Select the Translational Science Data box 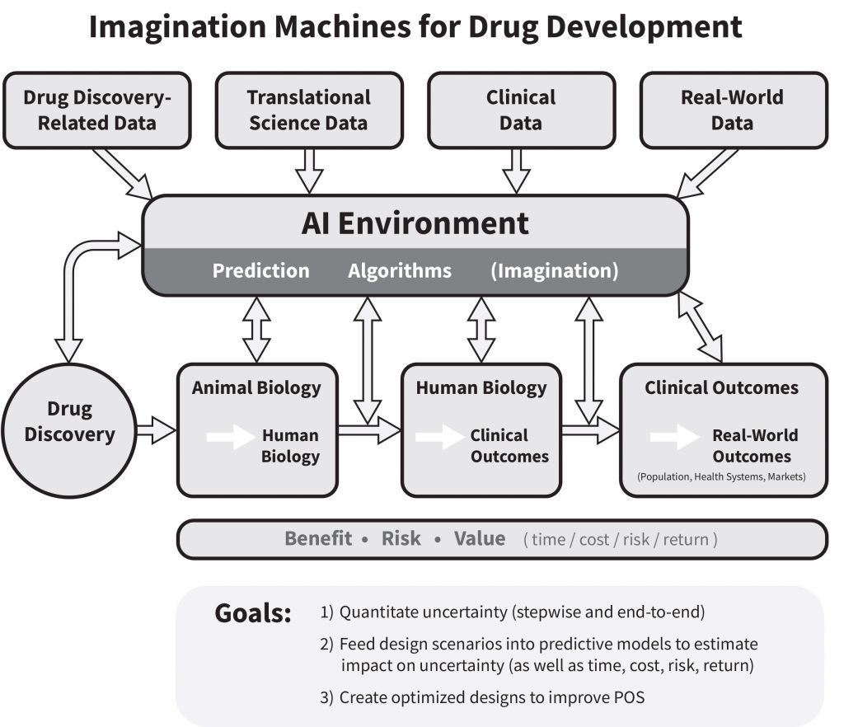pyautogui.click(x=308, y=110)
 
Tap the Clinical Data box pyautogui.click(x=520, y=110)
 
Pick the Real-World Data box pyautogui.click(x=732, y=110)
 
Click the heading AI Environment pyautogui.click(x=415, y=223)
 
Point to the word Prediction pyautogui.click(x=260, y=270)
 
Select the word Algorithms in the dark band pyautogui.click(x=400, y=270)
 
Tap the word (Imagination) pyautogui.click(x=554, y=270)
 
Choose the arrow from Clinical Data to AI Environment pyautogui.click(x=517, y=171)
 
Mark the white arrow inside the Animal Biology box pyautogui.click(x=230, y=436)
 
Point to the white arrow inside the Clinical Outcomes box pyautogui.click(x=673, y=436)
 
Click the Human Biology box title pyautogui.click(x=481, y=387)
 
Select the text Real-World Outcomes pyautogui.click(x=754, y=446)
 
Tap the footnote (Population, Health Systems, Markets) pyautogui.click(x=721, y=476)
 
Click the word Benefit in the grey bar pyautogui.click(x=318, y=539)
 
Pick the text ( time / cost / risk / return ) pyautogui.click(x=621, y=540)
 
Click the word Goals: pyautogui.click(x=252, y=613)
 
